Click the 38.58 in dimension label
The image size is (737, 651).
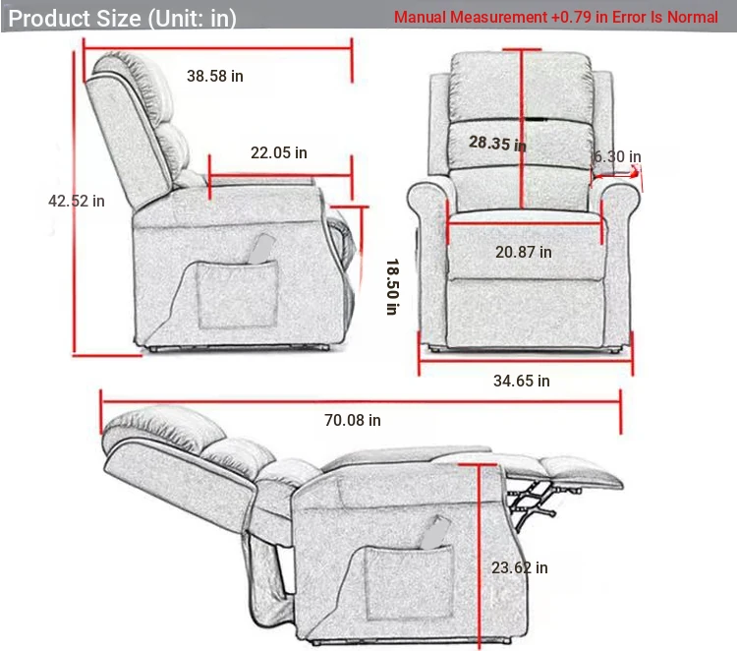(215, 76)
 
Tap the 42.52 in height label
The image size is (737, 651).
(77, 201)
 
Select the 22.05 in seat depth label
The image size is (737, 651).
(278, 152)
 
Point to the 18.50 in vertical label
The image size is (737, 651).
(391, 286)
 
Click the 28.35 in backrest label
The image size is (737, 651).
(496, 144)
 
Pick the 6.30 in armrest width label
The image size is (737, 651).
(617, 156)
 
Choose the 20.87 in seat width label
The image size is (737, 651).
(523, 252)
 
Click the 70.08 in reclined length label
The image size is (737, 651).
(353, 420)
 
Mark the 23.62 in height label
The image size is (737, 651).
(520, 567)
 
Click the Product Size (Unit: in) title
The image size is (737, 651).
(123, 18)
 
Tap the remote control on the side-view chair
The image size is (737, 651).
(260, 250)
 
